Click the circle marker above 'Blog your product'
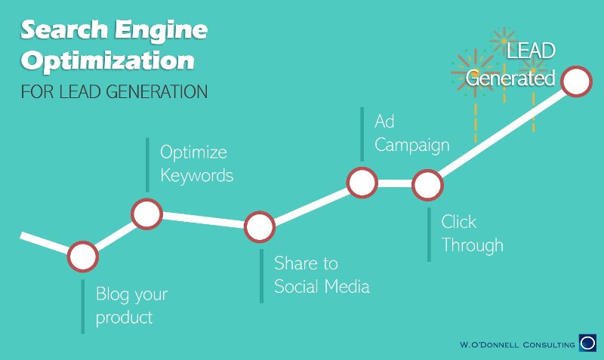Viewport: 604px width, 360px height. coord(83,257)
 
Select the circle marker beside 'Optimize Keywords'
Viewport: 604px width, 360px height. coord(146,214)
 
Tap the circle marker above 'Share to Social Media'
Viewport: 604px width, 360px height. coord(260,226)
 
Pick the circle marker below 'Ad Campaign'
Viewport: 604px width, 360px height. coord(362,183)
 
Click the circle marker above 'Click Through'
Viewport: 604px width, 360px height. coord(427,185)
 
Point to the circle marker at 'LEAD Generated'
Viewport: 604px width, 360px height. coord(576,82)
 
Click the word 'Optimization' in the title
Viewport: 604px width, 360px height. coord(107,61)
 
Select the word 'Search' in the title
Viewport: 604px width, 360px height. coord(64,29)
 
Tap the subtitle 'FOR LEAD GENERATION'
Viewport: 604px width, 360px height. coord(115,91)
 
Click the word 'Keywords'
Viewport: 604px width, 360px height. coord(197,176)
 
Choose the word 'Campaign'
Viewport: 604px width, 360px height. coord(412,146)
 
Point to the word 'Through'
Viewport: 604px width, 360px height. coord(473,245)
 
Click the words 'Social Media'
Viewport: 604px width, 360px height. coord(322,287)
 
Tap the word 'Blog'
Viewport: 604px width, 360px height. coord(112,295)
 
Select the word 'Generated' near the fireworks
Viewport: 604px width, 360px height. coord(510,78)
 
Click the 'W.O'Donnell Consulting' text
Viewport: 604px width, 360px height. coord(517,345)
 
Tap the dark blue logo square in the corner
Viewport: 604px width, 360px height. coord(588,343)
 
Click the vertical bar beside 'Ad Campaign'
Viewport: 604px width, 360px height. coord(362,134)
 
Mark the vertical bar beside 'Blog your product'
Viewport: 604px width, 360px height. coord(83,306)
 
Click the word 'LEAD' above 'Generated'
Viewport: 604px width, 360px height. coord(531,51)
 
